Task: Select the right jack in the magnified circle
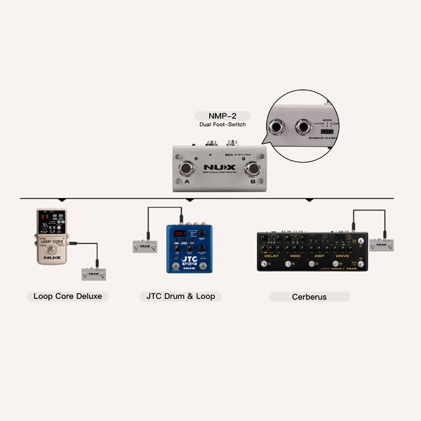(x=303, y=126)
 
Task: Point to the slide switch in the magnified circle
(x=326, y=131)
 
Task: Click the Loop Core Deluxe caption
(x=67, y=296)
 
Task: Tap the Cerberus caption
(x=309, y=296)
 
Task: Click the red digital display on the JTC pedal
(x=180, y=234)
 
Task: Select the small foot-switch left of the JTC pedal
(x=145, y=247)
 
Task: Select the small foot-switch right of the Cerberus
(x=381, y=244)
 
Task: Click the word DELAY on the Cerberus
(x=272, y=255)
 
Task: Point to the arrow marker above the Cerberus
(x=309, y=200)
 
